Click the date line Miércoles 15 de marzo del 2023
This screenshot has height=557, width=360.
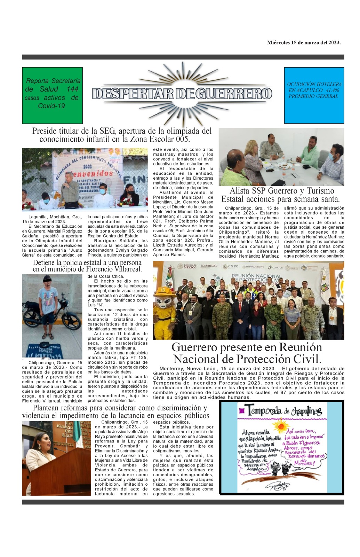[304, 43]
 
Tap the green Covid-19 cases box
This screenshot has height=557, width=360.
[52, 95]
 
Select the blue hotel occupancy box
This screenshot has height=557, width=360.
[314, 95]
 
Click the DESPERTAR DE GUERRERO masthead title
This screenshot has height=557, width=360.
[182, 93]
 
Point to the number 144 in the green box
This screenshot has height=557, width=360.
[72, 89]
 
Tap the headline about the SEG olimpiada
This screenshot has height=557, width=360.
[122, 135]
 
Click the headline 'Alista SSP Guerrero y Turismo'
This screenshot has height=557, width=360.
[281, 191]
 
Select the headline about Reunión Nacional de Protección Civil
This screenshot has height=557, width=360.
[247, 353]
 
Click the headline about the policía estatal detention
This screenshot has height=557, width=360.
[87, 266]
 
